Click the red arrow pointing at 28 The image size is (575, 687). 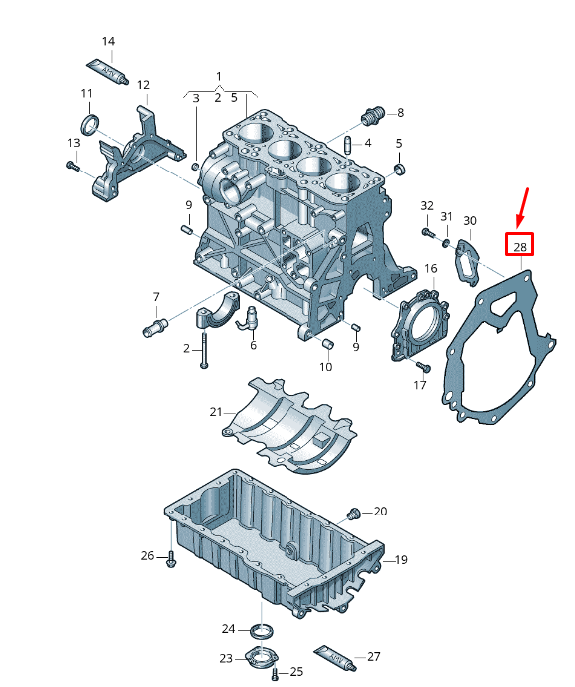click(523, 206)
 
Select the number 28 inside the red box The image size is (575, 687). click(519, 245)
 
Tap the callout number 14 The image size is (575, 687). click(108, 42)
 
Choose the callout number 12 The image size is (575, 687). click(143, 85)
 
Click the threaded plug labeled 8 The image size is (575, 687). click(374, 116)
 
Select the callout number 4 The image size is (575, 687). click(367, 143)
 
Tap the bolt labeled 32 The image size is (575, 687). click(427, 233)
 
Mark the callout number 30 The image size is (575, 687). click(470, 221)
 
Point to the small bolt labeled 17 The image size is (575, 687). click(420, 368)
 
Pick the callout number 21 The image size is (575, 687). click(216, 411)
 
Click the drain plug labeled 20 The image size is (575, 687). click(351, 515)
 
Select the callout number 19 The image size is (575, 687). click(401, 560)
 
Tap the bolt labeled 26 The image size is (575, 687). click(171, 558)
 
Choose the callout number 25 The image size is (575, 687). click(296, 673)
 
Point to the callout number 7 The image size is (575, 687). click(156, 297)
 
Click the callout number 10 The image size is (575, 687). click(325, 367)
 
